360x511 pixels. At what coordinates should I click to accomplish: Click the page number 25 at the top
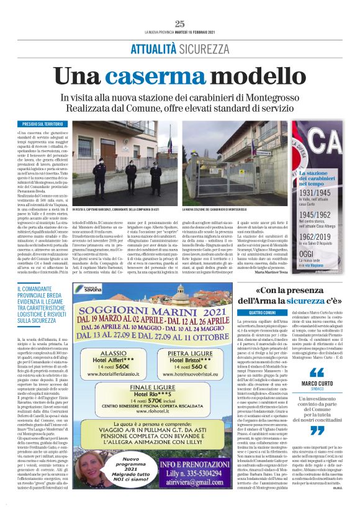click(180, 24)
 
